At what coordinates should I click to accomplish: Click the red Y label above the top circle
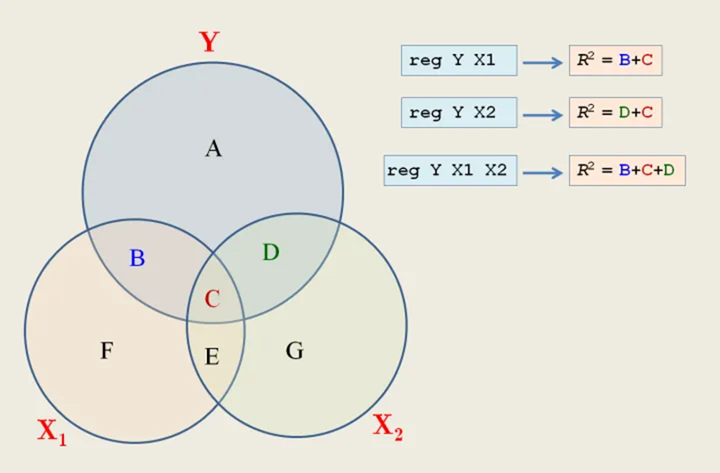click(209, 41)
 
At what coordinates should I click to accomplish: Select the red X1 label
click(52, 431)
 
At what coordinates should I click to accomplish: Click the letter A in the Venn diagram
click(213, 148)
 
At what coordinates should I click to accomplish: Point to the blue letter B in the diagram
click(137, 259)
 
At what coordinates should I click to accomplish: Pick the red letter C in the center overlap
click(212, 300)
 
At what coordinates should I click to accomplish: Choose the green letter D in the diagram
click(271, 253)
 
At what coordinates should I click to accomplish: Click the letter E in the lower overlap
click(212, 357)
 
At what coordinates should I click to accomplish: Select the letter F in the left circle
click(107, 351)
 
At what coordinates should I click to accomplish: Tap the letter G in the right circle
click(294, 351)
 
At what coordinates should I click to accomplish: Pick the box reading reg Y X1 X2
click(451, 170)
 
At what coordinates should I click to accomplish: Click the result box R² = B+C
click(615, 60)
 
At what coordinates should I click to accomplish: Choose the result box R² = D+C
click(615, 113)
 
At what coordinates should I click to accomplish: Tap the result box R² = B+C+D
click(627, 170)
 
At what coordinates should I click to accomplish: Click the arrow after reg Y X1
click(542, 62)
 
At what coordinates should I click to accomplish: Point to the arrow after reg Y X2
click(542, 115)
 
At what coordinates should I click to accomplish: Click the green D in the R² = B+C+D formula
click(669, 170)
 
